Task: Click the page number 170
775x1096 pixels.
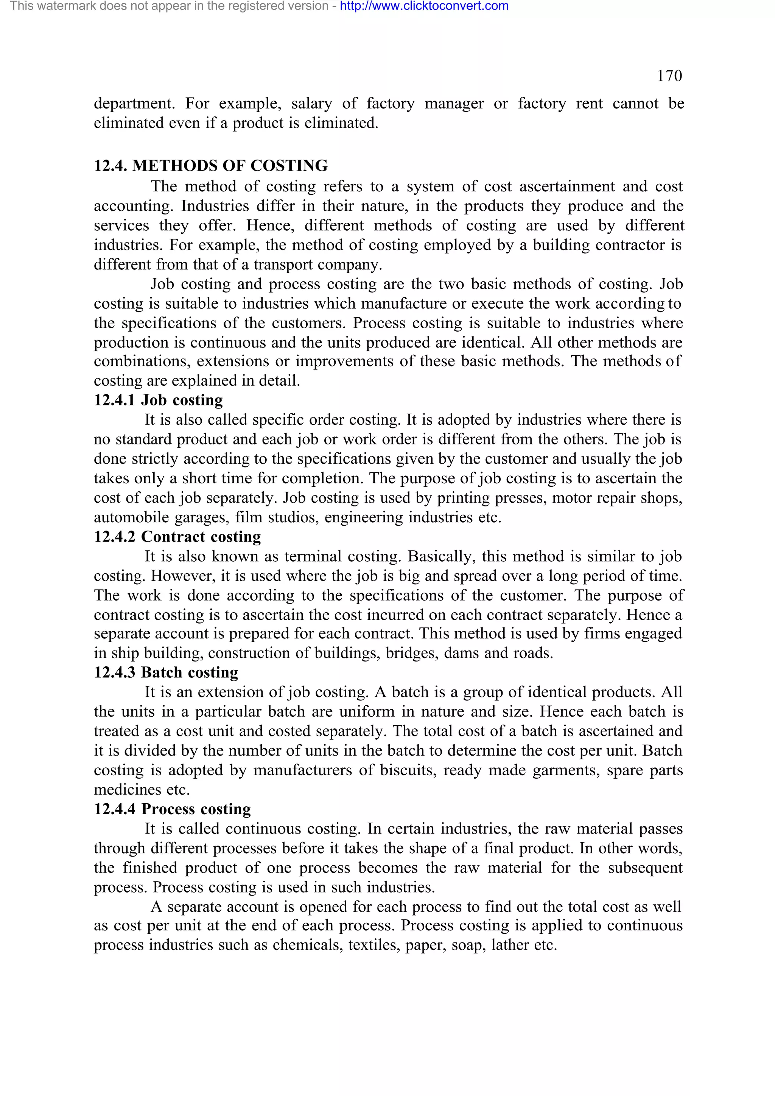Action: (669, 76)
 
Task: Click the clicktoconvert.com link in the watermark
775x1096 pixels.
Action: (424, 6)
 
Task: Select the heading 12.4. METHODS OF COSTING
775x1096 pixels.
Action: (210, 166)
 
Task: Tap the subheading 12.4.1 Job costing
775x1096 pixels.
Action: (158, 400)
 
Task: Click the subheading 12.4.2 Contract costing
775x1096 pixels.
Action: (177, 537)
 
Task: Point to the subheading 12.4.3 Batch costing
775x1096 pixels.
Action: (166, 672)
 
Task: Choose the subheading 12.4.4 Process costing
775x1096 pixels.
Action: (172, 809)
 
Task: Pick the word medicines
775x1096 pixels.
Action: (127, 790)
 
